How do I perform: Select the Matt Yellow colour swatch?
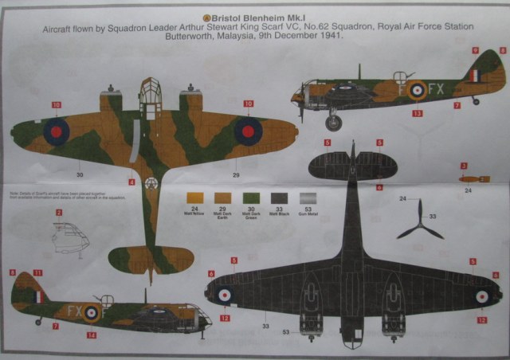click(193, 198)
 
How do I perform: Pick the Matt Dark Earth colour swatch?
click(220, 198)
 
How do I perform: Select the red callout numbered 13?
click(417, 114)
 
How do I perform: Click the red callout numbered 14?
click(91, 335)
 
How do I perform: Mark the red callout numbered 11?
click(38, 273)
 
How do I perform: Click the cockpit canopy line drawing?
click(67, 237)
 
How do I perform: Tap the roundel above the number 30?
click(56, 131)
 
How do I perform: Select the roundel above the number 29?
click(248, 131)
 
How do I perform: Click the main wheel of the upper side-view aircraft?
click(333, 122)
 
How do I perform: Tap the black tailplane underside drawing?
click(352, 165)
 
